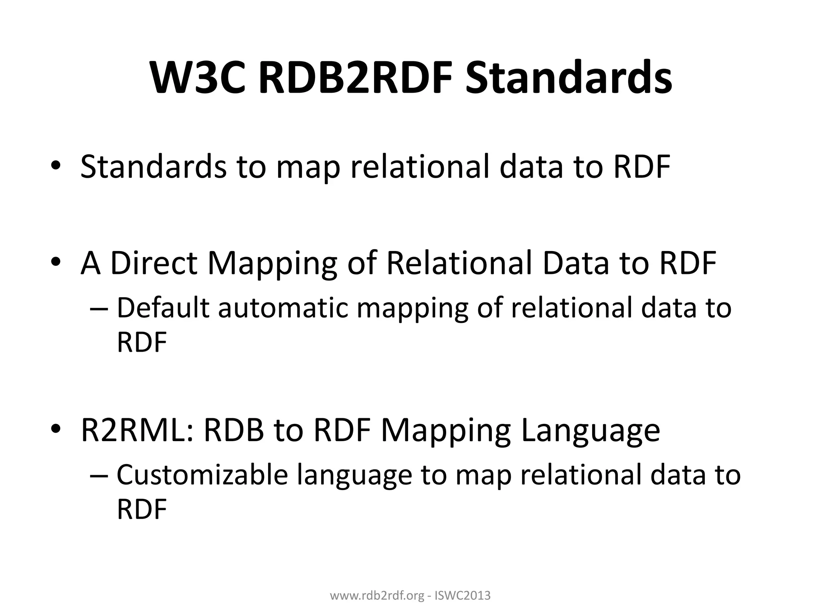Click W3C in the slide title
(198, 77)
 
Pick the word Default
(163, 308)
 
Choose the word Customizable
(202, 475)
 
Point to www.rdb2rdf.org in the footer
(376, 596)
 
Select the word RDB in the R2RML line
(234, 430)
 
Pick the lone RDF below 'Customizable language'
(142, 509)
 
